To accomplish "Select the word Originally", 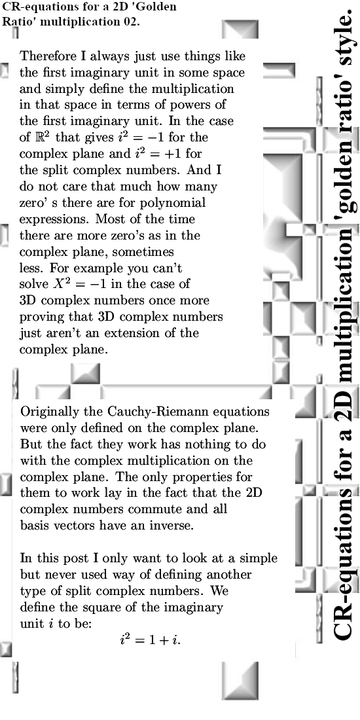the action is coord(50,412).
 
